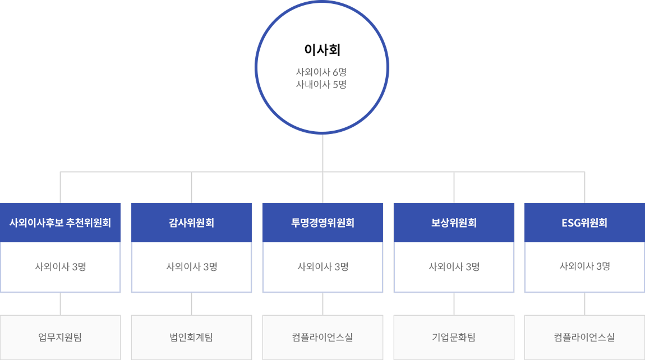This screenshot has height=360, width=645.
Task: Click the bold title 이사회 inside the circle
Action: pos(322,50)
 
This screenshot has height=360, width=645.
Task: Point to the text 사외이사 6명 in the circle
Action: pos(321,72)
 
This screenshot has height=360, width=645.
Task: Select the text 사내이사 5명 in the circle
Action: pos(321,84)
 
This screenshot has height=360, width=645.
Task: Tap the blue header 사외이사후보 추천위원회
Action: pos(60,223)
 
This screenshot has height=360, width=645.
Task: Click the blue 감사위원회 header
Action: pos(191,223)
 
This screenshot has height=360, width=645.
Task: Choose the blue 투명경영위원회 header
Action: pos(322,223)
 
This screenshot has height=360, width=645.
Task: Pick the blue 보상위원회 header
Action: pos(454,223)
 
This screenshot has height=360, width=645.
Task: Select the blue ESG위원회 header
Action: pos(584,223)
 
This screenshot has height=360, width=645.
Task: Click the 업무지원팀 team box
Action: pos(60,338)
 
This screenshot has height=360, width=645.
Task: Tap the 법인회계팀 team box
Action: pos(191,338)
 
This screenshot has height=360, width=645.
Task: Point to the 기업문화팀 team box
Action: pos(454,338)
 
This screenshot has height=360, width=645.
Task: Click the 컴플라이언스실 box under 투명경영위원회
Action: pos(322,338)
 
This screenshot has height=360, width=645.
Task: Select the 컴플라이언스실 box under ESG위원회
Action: pos(584,338)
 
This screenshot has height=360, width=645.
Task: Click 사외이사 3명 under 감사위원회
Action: pos(192,266)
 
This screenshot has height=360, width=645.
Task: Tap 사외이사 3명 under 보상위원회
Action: pos(454,266)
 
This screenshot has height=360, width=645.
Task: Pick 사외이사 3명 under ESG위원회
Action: pos(584,266)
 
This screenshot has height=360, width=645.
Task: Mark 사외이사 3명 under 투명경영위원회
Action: pos(323,266)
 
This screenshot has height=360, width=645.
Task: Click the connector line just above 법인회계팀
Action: pos(192,303)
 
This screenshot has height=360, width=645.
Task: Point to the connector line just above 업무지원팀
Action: pos(61,303)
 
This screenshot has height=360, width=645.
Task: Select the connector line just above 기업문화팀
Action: pos(454,303)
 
